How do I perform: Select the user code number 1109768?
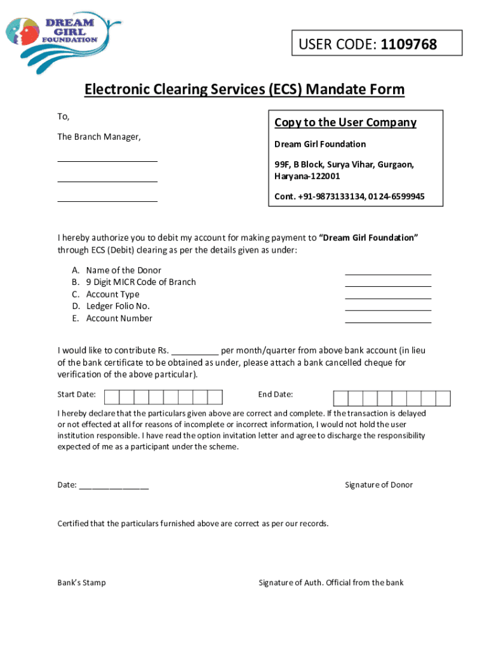409,44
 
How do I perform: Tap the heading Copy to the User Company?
345,123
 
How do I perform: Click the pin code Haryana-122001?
307,176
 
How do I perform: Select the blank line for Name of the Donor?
388,274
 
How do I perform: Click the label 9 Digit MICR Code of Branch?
141,282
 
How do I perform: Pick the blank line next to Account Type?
388,298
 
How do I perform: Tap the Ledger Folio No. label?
118,306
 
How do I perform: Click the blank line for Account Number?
388,322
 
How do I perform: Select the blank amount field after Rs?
195,353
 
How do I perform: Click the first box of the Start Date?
111,397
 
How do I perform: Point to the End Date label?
276,395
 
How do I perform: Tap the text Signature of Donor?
378,485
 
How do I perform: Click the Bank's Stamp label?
82,583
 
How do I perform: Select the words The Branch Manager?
99,137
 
